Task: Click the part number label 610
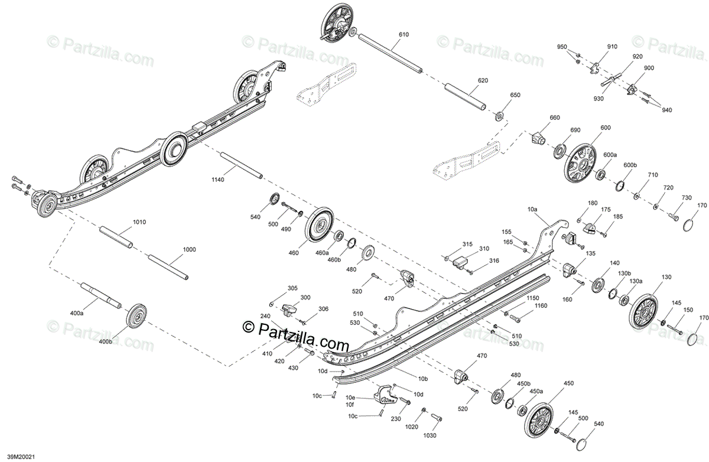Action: (x=403, y=35)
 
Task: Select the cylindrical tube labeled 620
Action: (x=465, y=95)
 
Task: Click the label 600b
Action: (x=630, y=165)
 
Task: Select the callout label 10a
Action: (x=532, y=209)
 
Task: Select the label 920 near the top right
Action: (x=637, y=57)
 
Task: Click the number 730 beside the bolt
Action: (x=687, y=197)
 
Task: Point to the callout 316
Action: (x=494, y=261)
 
